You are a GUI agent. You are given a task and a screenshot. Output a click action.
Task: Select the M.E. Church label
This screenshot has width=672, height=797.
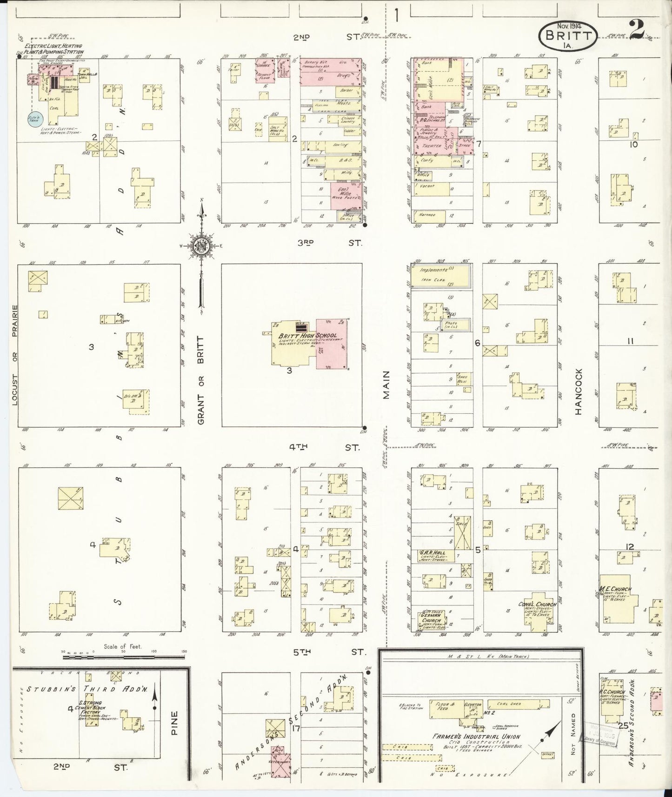click(x=616, y=589)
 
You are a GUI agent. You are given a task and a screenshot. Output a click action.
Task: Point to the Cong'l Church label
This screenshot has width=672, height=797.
click(x=537, y=605)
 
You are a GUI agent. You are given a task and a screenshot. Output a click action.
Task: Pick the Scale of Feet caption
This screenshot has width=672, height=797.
click(x=123, y=647)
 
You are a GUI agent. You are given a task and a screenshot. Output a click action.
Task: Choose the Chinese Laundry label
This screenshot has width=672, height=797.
click(x=348, y=120)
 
